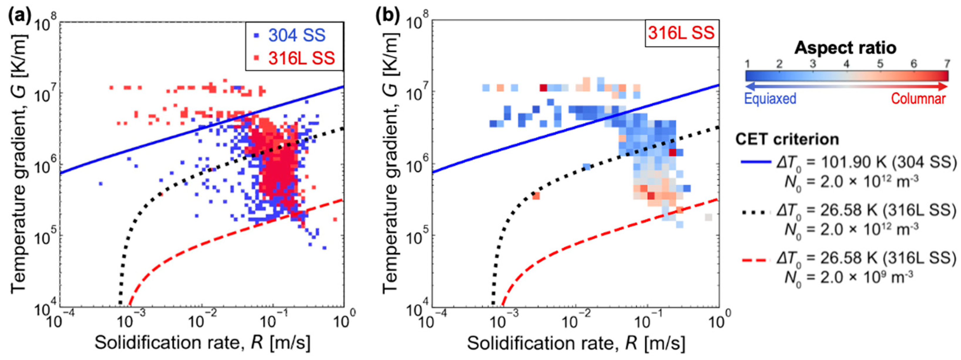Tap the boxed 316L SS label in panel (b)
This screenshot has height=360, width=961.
pos(681,33)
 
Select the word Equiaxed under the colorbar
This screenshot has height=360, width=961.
pos(770,98)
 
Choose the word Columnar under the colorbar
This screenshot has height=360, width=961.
pos(918,98)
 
